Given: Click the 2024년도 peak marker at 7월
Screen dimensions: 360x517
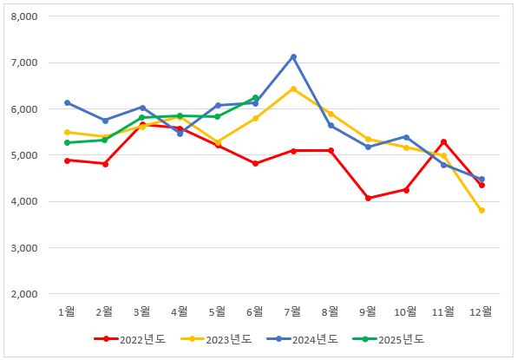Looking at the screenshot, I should point(293,57).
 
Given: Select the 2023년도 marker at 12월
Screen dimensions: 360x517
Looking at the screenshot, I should point(481,211).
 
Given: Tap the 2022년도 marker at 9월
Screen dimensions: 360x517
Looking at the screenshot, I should point(369,198).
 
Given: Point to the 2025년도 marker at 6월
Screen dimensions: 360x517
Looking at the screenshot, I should point(255,98).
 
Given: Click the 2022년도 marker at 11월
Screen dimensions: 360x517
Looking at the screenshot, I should point(443,142).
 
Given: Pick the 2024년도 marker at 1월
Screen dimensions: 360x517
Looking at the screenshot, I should point(67,103).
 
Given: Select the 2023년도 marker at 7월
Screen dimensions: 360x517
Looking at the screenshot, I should point(293,88).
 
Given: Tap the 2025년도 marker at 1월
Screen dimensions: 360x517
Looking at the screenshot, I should point(67,142).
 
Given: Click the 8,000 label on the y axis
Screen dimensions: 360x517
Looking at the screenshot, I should point(32,17).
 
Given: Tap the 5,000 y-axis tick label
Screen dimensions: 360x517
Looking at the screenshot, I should point(32,155).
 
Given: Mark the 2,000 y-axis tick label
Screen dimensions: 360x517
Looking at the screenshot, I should point(32,294).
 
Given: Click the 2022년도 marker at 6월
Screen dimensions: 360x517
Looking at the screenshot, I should point(255,163).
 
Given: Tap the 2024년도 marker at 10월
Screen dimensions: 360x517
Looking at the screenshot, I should point(406,137).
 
